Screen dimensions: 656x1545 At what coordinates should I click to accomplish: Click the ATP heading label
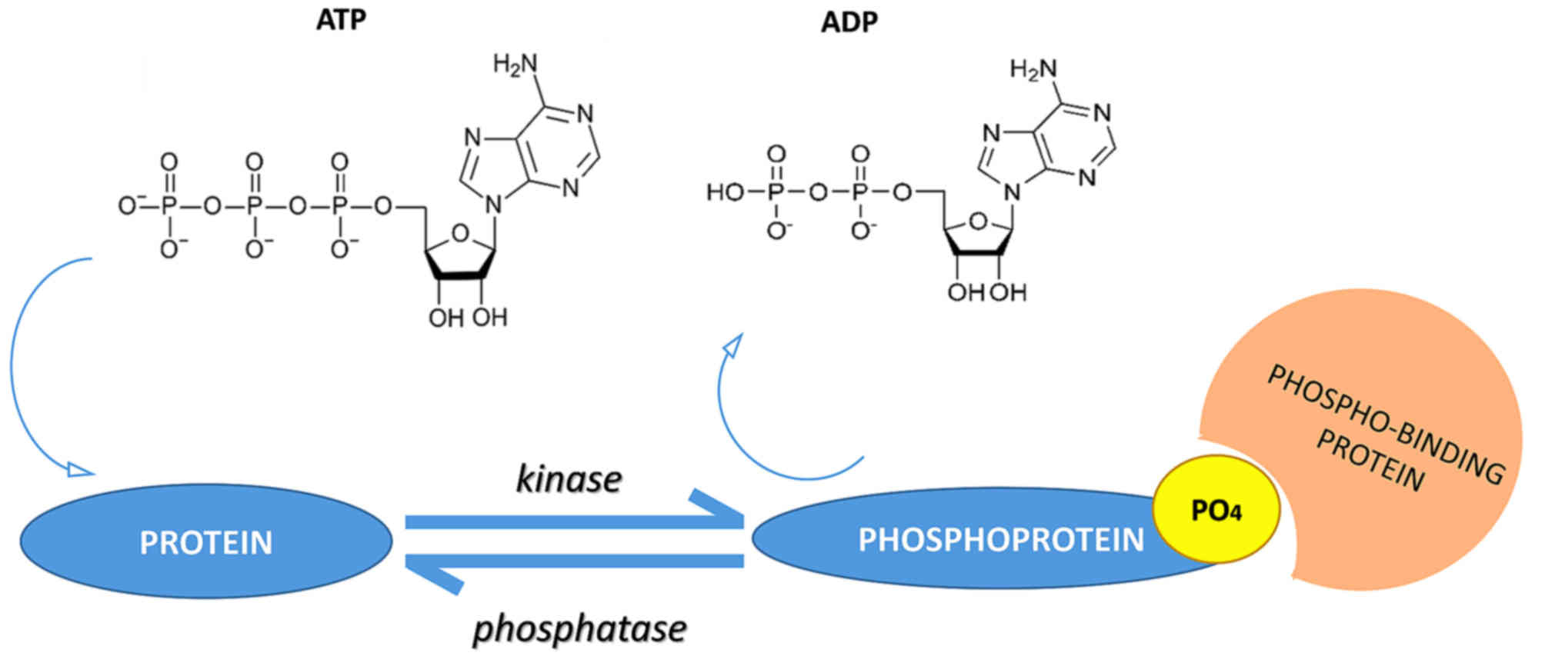coord(341,20)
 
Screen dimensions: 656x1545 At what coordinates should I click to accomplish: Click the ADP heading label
coord(849,22)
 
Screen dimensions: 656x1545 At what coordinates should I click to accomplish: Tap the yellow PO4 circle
coord(1216,510)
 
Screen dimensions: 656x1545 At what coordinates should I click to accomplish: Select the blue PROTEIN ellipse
coord(205,541)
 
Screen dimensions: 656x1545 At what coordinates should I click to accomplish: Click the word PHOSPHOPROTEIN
coord(1000,540)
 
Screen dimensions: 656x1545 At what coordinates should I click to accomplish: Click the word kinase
coord(569,480)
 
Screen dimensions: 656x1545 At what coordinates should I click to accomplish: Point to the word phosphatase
coord(579,628)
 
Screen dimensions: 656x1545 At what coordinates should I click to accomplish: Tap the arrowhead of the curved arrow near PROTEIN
coord(79,469)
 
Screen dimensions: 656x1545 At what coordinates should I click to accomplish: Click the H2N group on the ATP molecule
coord(515,65)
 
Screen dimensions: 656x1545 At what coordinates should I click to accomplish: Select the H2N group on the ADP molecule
coord(1033,71)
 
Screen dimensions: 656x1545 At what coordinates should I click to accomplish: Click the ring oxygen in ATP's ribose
coord(460,232)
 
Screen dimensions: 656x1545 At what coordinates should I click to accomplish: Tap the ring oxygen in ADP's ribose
coord(978,222)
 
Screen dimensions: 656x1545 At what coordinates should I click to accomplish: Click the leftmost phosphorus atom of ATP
coord(169,206)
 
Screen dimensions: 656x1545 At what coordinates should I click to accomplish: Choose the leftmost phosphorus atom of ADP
coord(776,191)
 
